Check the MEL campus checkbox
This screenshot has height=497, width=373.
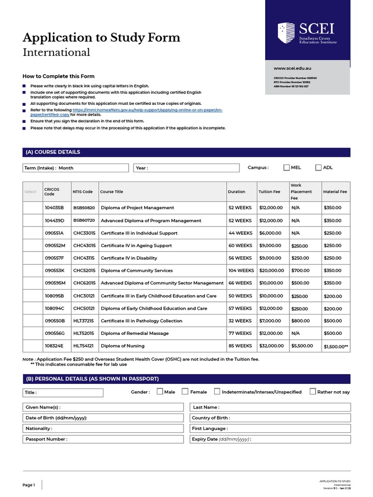[287, 167]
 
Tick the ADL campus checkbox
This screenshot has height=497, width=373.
[319, 167]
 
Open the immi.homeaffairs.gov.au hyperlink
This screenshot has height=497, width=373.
[147, 111]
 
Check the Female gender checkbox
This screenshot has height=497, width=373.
[185, 392]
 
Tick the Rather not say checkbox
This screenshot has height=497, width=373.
[312, 392]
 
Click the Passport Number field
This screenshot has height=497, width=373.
[103, 439]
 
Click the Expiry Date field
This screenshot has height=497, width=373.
[270, 439]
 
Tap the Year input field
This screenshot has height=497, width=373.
[186, 168]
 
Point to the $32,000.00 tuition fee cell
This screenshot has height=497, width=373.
[271, 346]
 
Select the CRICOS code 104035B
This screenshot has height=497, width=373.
[54, 208]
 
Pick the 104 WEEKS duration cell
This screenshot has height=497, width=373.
[241, 270]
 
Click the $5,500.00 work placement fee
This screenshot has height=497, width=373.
[302, 346]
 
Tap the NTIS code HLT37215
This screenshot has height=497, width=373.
[84, 321]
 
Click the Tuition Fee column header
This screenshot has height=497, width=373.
[269, 192]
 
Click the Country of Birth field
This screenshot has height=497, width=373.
[270, 418]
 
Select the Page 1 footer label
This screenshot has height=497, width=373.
[29, 485]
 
